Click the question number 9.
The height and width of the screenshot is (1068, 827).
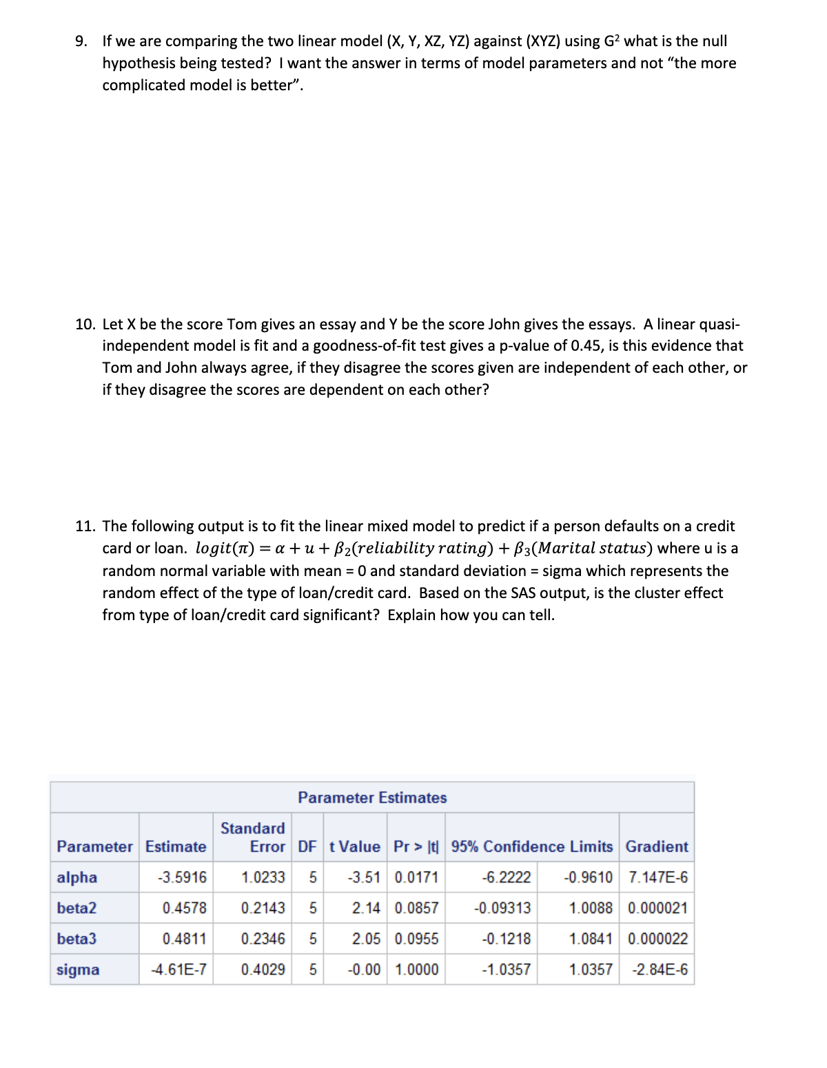coord(81,41)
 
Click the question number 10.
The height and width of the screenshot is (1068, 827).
coord(85,325)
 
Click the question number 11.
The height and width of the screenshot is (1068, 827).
coord(85,526)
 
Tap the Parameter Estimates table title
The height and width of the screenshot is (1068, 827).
coord(372,798)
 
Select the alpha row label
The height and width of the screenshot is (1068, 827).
coord(76,877)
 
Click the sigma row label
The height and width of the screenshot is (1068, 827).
coord(78,969)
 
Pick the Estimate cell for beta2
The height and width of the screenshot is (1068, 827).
coord(184,908)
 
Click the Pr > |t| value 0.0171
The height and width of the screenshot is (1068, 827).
coord(416,877)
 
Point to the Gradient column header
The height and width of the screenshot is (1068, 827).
coord(656,847)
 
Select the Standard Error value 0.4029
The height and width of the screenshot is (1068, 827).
coord(263,969)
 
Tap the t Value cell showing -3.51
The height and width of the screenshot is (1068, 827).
coord(364,877)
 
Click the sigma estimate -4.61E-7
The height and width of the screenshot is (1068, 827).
coord(178,969)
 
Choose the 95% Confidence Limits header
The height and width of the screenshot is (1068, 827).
coord(531,847)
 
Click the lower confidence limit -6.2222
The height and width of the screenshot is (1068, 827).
coord(507,877)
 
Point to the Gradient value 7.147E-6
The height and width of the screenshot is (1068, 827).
coord(657,877)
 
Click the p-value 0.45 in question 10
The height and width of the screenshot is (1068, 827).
coord(586,346)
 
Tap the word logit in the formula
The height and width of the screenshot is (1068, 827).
coord(216,548)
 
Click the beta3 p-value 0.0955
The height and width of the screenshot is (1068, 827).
coord(416,938)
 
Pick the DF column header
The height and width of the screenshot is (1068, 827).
coord(307,847)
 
